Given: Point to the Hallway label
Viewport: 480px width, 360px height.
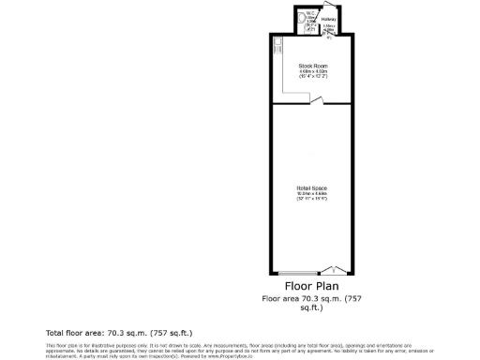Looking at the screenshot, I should click(x=329, y=19).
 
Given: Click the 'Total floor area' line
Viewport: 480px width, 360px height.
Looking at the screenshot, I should click(x=119, y=333).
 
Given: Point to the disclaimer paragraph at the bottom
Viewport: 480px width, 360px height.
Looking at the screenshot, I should click(x=239, y=350).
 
